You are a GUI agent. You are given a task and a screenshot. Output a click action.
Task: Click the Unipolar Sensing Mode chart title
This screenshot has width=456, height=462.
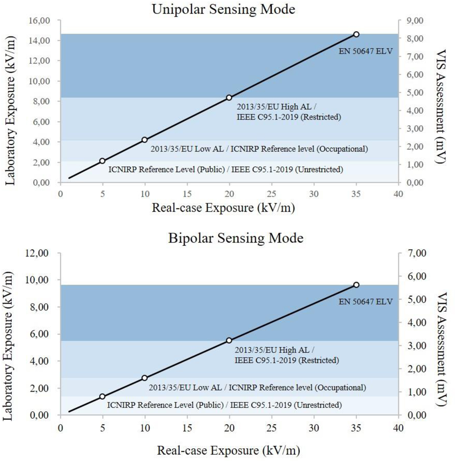pyautogui.click(x=223, y=9)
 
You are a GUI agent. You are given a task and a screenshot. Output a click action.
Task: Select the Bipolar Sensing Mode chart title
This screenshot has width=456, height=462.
pyautogui.click(x=236, y=238)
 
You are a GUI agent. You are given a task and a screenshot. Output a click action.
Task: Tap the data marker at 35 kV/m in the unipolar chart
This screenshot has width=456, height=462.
pyautogui.click(x=356, y=34)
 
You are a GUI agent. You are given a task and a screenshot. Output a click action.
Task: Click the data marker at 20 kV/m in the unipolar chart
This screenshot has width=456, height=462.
pyautogui.click(x=229, y=98)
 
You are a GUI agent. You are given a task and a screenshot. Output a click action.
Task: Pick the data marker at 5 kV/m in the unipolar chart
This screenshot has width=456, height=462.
pyautogui.click(x=102, y=161)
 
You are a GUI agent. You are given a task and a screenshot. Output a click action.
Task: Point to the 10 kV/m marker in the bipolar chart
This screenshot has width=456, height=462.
pyautogui.click(x=144, y=378)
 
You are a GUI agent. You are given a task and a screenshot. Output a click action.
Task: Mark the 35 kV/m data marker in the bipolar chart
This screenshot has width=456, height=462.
pyautogui.click(x=356, y=285)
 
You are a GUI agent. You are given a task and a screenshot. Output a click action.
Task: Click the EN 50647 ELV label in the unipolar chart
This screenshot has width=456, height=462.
pyautogui.click(x=366, y=51)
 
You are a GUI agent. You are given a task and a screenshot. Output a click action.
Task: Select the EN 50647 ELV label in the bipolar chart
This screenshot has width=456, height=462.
pyautogui.click(x=366, y=301)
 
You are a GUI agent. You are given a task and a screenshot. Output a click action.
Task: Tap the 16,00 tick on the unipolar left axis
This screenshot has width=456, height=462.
pyautogui.click(x=39, y=20)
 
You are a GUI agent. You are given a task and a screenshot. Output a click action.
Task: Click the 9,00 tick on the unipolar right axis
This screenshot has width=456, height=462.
pyautogui.click(x=415, y=20)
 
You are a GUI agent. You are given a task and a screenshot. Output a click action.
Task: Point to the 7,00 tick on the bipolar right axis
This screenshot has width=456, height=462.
pyautogui.click(x=415, y=253)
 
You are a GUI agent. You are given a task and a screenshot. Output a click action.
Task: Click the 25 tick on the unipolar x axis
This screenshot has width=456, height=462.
pyautogui.click(x=271, y=194)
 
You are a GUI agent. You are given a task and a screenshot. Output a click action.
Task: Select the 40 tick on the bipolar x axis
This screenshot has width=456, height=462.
pyautogui.click(x=398, y=428)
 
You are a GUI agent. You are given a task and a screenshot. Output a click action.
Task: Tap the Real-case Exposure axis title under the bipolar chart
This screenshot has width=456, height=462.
pyautogui.click(x=228, y=451)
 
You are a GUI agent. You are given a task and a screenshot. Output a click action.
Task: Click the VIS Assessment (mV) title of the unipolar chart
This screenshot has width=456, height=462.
pyautogui.click(x=440, y=106)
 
